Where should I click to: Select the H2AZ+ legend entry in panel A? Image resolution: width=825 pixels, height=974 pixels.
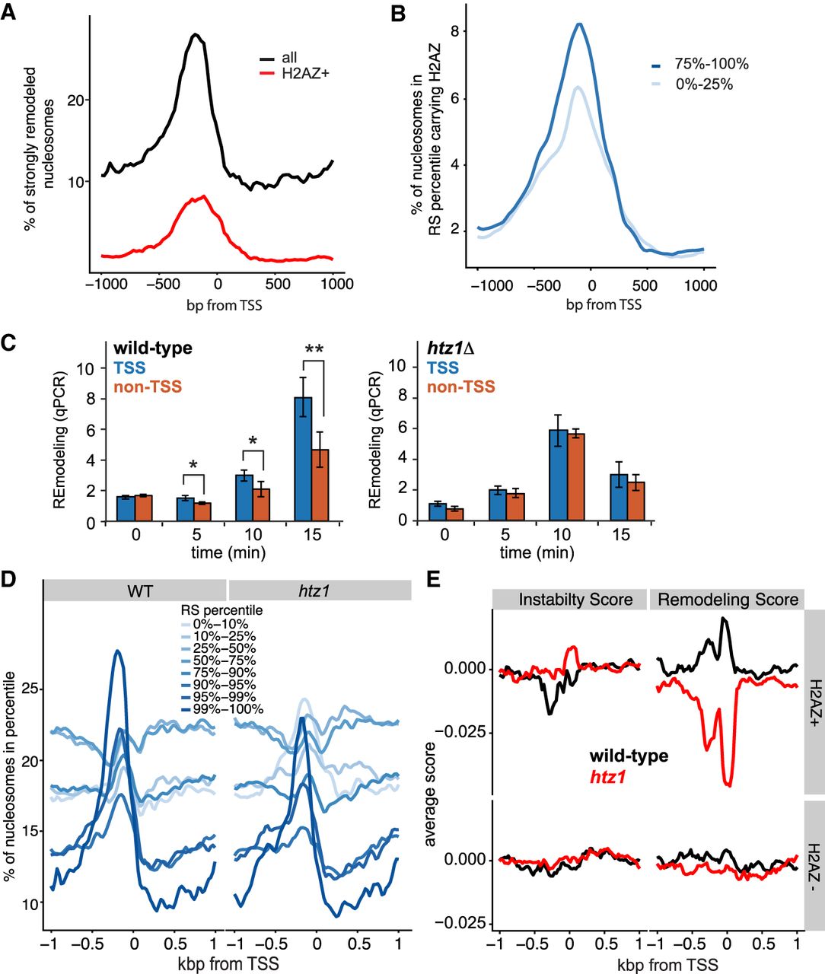(301, 73)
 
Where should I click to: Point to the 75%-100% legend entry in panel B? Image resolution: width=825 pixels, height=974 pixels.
(711, 64)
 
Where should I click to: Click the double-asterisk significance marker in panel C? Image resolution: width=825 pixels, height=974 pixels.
(314, 349)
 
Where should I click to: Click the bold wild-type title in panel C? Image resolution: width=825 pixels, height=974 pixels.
(153, 349)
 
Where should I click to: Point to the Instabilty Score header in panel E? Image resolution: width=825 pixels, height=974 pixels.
(575, 600)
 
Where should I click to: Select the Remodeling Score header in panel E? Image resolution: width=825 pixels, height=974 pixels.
(728, 600)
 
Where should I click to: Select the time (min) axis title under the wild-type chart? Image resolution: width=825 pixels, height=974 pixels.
(228, 552)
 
